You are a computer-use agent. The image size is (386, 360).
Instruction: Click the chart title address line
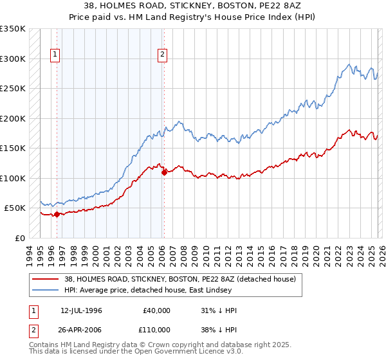[x=192, y=5]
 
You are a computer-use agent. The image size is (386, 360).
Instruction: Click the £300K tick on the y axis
[x=13, y=59]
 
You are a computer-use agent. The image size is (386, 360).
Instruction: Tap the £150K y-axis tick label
[x=13, y=148]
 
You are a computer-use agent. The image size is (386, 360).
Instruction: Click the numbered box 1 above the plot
[x=56, y=55]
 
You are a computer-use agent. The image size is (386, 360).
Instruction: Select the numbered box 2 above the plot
[x=163, y=55]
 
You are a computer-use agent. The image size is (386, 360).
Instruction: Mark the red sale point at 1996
[x=57, y=215]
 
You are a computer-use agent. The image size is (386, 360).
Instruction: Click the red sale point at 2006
[x=164, y=172]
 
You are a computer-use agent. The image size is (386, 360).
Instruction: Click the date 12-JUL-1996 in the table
[x=81, y=310]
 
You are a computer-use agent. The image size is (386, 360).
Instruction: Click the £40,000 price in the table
[x=157, y=310]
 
